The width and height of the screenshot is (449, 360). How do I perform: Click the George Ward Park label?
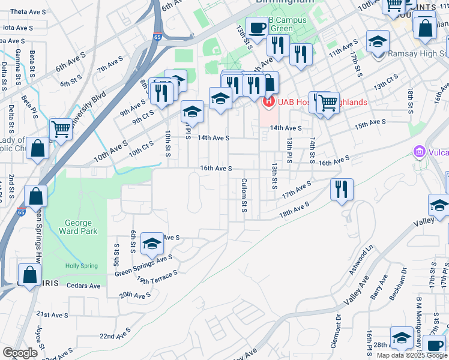coord(78,227)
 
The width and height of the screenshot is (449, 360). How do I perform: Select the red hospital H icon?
coord(268,102)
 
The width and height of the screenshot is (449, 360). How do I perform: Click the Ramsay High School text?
coord(414,54)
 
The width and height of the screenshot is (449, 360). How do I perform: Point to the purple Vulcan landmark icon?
coord(419,152)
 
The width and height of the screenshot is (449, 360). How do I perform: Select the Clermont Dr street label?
coord(339,329)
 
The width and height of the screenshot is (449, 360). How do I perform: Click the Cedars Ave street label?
coord(83,286)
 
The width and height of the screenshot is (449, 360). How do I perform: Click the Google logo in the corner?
coord(20,353)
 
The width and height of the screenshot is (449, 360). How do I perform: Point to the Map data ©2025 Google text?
coord(412,355)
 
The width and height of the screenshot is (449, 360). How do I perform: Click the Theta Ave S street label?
coord(25,12)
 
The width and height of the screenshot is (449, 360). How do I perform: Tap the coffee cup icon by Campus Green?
coord(257,27)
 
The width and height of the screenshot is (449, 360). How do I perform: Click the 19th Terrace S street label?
coord(157,277)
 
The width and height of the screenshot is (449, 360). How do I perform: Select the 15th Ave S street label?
coord(370,124)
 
